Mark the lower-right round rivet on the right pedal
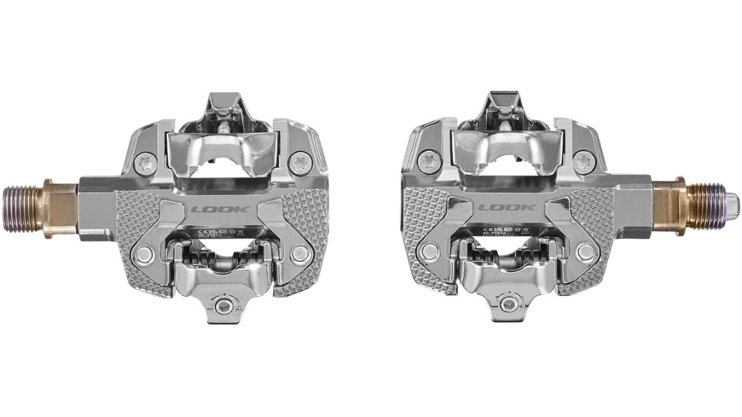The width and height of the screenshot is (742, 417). point(585,252)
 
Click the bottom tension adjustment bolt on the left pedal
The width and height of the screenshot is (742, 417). point(223,307)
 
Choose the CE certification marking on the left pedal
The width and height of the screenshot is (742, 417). point(201,229)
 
